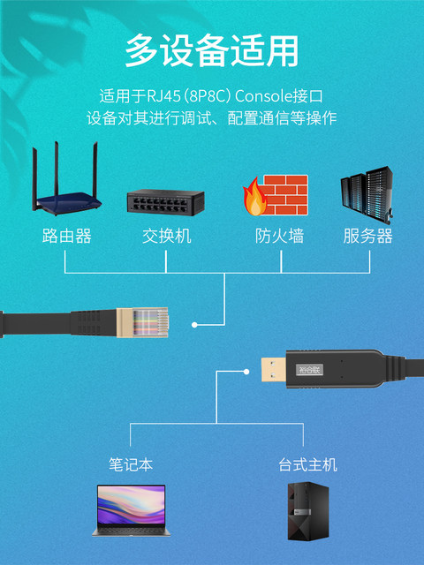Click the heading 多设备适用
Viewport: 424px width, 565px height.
point(211,50)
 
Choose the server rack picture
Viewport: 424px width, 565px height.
point(366,193)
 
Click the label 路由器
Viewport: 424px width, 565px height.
point(66,237)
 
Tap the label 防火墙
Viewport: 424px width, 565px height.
point(280,237)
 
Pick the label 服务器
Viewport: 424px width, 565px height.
point(368,237)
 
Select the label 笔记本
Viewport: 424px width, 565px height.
point(131,464)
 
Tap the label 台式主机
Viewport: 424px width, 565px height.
point(307,464)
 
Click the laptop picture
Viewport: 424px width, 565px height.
point(131,510)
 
